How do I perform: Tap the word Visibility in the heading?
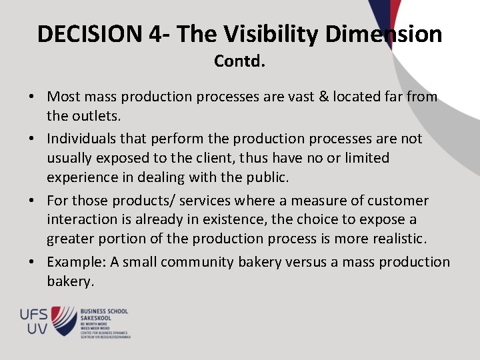[257, 33]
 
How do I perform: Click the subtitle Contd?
[239, 61]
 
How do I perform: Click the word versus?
[305, 262]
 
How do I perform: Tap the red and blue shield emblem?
[64, 320]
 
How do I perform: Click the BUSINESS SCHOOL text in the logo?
[104, 311]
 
